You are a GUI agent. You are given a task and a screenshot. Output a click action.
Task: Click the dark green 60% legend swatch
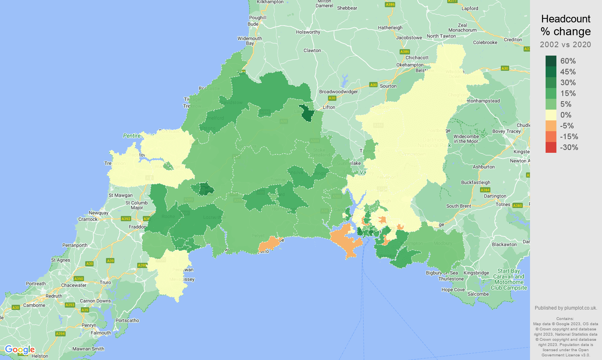pos(551,61)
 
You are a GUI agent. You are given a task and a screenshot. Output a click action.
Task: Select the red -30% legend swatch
pos(551,147)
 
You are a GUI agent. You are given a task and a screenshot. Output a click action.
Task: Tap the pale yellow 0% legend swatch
pos(551,115)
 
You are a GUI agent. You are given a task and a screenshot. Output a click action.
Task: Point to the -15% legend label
pos(569,136)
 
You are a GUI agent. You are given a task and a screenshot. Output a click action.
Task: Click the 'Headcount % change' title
pos(566,25)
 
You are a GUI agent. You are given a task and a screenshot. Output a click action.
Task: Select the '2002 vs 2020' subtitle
pos(566,44)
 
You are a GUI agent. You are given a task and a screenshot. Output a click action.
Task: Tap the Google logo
pos(20,350)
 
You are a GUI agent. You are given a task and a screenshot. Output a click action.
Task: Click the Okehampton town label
pos(410,65)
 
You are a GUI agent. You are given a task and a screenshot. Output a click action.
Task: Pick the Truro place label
pos(105,282)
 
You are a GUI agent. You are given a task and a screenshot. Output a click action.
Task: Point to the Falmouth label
pos(101,333)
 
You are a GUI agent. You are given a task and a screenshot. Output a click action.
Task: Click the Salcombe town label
pos(478,294)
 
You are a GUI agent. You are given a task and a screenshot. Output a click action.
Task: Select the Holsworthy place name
pos(308,32)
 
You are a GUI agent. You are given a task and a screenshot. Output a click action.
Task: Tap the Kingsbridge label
pos(476,273)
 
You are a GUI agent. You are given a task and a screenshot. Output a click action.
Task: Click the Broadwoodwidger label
pos(338,92)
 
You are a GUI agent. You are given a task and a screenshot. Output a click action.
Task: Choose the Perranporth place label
pos(75,245)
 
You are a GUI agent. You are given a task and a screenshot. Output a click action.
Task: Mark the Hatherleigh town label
pos(390,28)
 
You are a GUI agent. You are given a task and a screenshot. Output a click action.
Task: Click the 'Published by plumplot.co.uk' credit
pos(566,308)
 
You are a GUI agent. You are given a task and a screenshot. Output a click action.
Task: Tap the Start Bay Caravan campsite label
pos(509,279)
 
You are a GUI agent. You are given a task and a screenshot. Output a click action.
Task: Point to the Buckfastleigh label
pos(476,182)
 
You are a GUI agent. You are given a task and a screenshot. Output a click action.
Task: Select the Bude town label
pos(253,24)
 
